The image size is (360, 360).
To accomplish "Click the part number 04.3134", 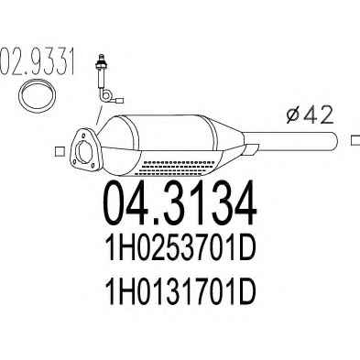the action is tap(180, 202).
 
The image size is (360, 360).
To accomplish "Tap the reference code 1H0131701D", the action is tap(180, 291).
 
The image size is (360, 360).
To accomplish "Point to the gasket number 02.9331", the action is tap(37, 61).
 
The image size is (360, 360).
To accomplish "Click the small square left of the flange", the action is tap(60, 151).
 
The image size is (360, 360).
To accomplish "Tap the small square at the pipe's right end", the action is tap(355, 140).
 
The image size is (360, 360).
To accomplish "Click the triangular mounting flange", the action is tap(85, 148).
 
